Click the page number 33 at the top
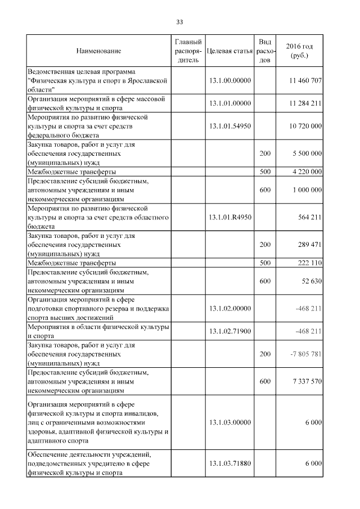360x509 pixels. click(180, 22)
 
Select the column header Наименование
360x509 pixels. click(98, 51)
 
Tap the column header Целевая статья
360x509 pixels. click(229, 51)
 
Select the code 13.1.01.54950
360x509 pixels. click(229, 127)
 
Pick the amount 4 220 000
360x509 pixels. click(307, 171)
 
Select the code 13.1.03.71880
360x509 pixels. click(229, 463)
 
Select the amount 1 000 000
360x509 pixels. click(307, 190)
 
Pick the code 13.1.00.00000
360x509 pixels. click(229, 81)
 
